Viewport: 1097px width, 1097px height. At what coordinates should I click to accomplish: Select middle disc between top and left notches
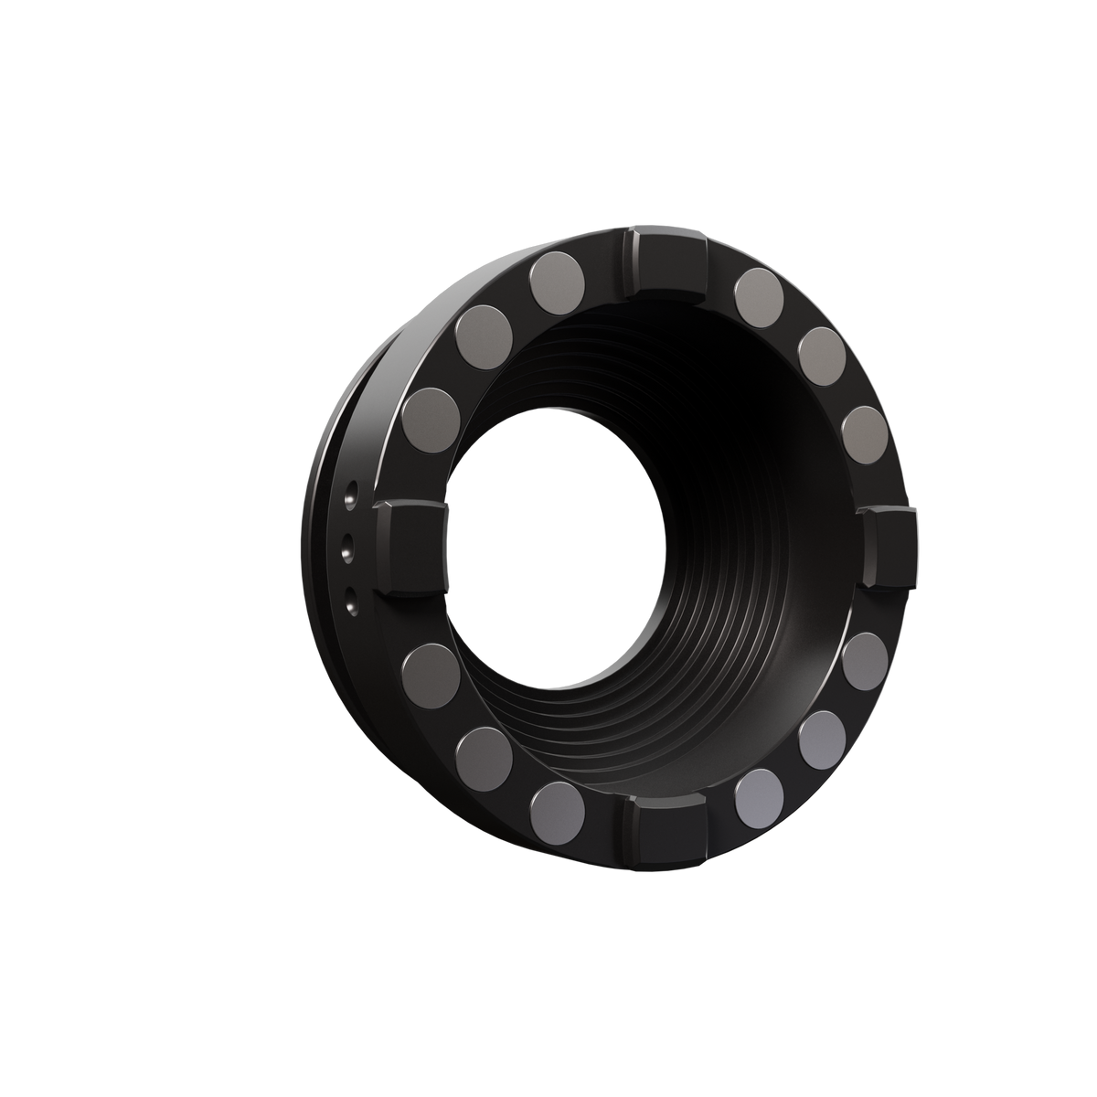[x=480, y=335]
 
